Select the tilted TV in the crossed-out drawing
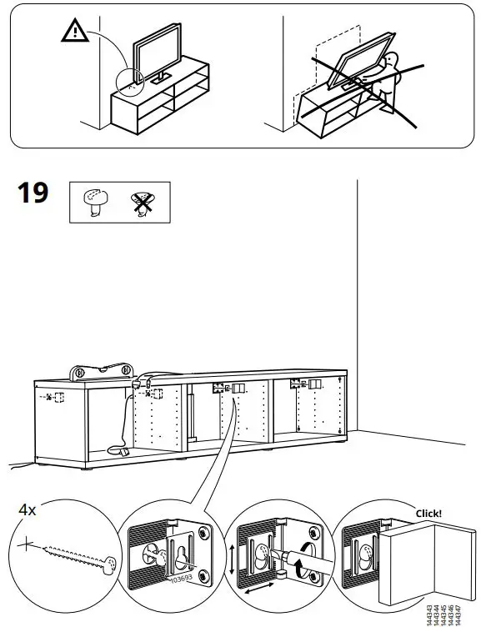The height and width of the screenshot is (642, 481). tap(359, 58)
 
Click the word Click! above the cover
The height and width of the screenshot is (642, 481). tap(428, 514)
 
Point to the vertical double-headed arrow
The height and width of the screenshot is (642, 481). tap(230, 554)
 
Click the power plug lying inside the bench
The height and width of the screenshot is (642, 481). tap(123, 451)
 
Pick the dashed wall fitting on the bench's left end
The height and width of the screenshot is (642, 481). tap(53, 397)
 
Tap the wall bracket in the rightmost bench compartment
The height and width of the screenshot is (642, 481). tap(305, 384)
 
